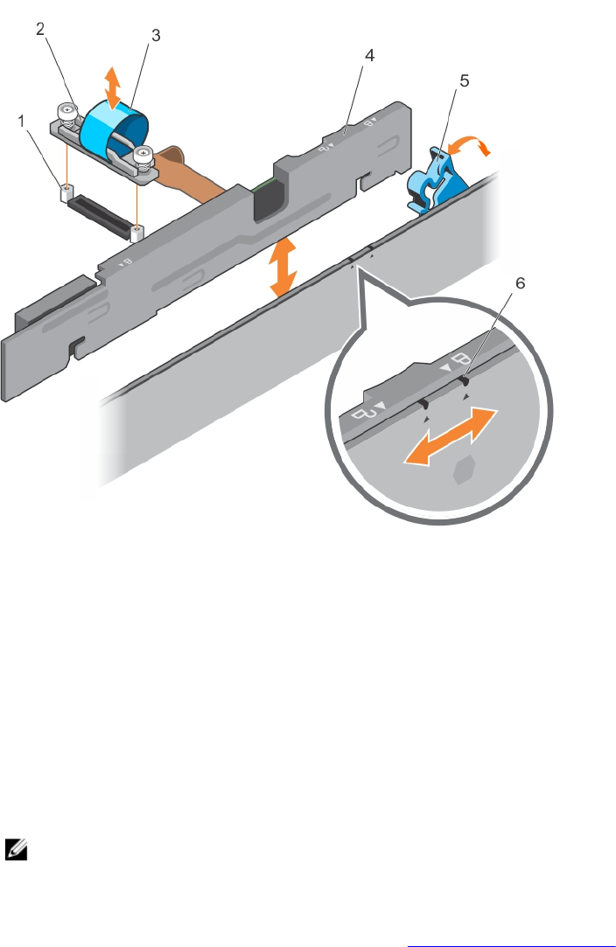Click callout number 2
click(x=40, y=29)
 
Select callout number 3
click(x=155, y=36)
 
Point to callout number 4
click(x=370, y=55)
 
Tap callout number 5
click(x=464, y=81)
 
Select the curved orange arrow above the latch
click(x=479, y=150)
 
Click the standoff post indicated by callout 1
click(x=63, y=191)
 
